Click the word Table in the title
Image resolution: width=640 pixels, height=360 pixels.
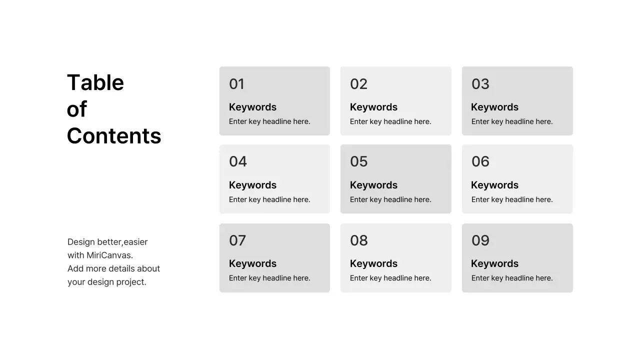pos(95,82)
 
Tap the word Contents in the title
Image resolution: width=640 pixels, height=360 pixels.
pos(114,135)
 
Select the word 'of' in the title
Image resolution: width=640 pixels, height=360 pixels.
pos(77,109)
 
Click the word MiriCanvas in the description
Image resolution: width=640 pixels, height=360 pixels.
pos(109,255)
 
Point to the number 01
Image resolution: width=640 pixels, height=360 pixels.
pos(236,84)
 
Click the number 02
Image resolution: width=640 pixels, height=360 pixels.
pos(358,84)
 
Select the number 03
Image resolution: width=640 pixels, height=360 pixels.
pos(480,84)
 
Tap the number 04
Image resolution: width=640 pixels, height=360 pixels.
pos(238,161)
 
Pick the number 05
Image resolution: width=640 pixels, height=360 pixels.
pos(358,161)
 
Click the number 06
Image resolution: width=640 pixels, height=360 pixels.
pos(480,161)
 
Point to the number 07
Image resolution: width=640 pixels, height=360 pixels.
pos(237,240)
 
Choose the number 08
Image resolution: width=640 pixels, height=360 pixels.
pos(358,240)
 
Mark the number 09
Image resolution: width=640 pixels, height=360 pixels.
pos(480,240)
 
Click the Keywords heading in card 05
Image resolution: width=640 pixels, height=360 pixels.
pos(373,185)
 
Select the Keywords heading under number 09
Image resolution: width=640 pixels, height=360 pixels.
pos(494,263)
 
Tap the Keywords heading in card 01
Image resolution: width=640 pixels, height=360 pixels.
pos(252,107)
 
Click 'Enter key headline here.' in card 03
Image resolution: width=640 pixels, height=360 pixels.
pos(512,121)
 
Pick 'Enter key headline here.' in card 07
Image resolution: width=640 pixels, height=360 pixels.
pos(269,278)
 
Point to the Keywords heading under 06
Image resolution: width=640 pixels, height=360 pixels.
pos(494,185)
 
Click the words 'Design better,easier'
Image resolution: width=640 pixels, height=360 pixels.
pos(107,242)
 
